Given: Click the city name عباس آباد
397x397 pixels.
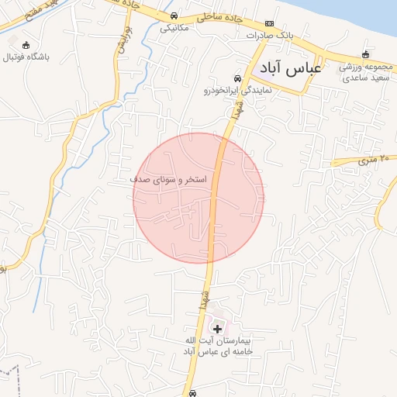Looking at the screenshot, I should [291, 69].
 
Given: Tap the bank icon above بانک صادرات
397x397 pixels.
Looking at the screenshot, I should [269, 24].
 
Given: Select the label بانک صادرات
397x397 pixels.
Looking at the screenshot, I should [267, 36].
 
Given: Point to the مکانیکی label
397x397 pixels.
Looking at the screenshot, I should [174, 27].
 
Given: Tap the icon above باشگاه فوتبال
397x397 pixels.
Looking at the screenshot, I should [28, 45].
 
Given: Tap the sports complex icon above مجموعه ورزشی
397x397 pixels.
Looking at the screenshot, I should [362, 54].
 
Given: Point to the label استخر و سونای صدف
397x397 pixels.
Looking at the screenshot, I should [168, 180].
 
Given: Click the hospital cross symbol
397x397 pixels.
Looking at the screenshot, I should [216, 329].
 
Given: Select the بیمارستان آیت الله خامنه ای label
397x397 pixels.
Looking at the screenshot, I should [220, 346].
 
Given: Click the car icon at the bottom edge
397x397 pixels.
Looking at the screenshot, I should [192, 393].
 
